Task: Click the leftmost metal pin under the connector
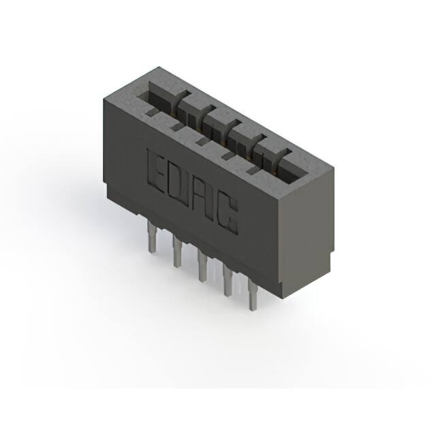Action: (152, 236)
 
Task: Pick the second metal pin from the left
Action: (176, 251)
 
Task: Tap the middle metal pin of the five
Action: (202, 266)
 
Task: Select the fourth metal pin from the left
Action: (228, 281)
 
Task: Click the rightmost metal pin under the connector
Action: (253, 295)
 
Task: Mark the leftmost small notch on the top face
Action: (151, 112)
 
